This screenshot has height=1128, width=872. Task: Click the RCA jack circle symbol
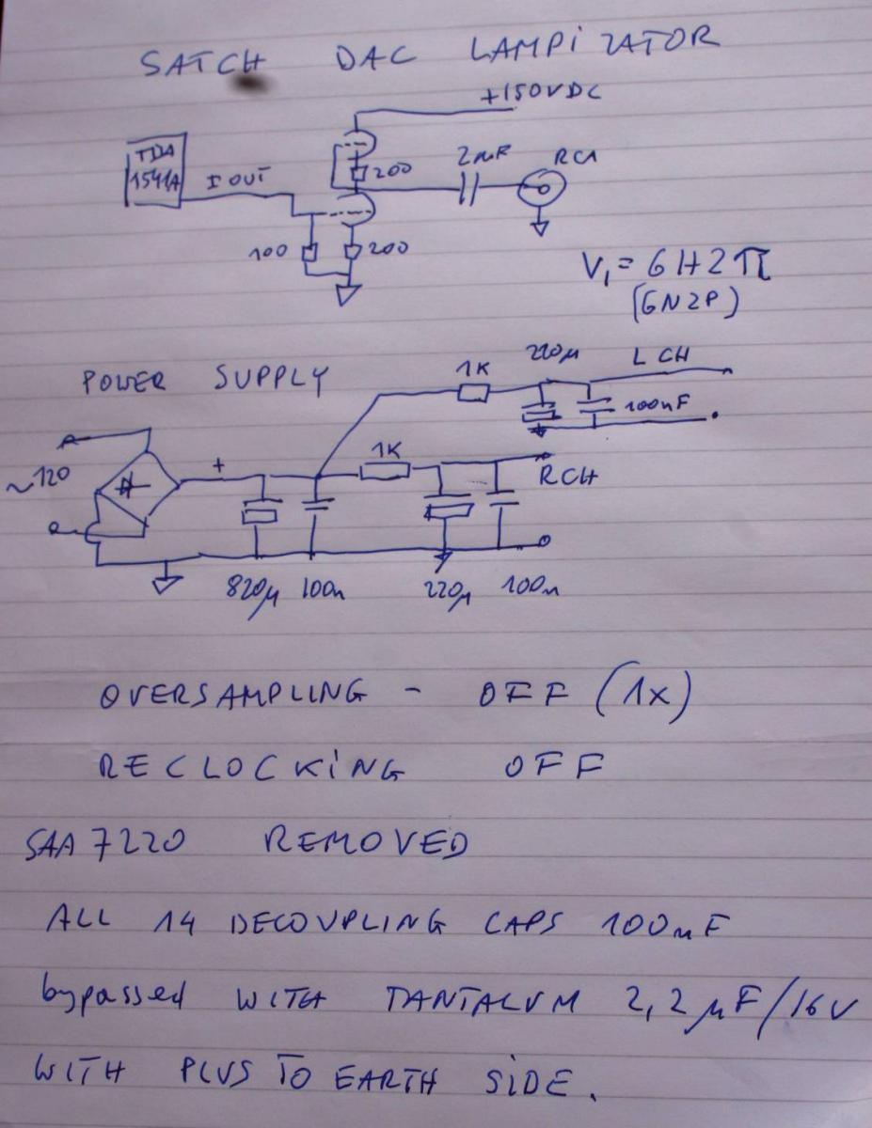(546, 189)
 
